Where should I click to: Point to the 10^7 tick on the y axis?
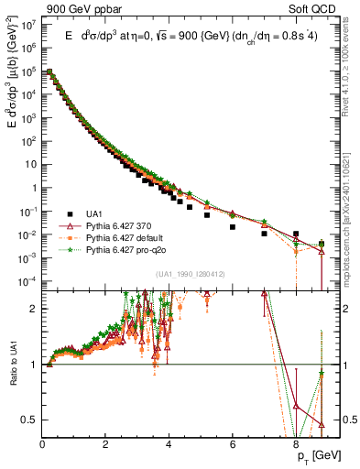tap(28, 26)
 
